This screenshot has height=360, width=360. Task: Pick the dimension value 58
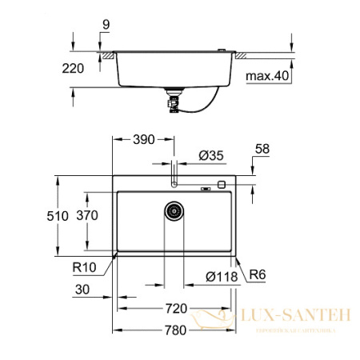click(x=263, y=149)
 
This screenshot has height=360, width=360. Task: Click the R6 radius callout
click(x=254, y=274)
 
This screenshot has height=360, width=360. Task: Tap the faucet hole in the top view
click(x=174, y=183)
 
